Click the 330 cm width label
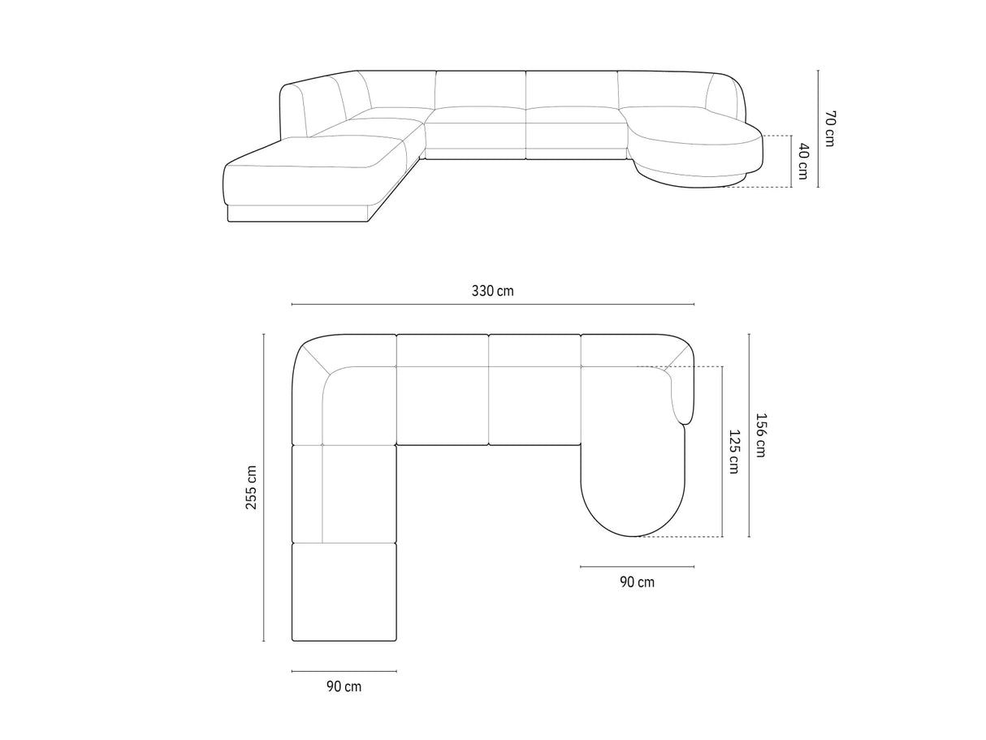(x=492, y=291)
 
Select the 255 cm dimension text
(x=252, y=487)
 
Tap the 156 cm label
(x=760, y=436)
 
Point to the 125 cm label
(x=733, y=452)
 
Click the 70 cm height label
(x=829, y=128)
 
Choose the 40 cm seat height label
(x=802, y=161)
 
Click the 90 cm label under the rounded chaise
(x=637, y=582)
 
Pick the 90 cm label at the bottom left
(x=344, y=686)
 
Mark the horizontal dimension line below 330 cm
(x=492, y=305)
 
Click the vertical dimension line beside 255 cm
(x=264, y=487)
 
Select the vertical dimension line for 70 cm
(x=818, y=128)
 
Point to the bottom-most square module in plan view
(x=344, y=591)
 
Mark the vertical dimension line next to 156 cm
(x=749, y=436)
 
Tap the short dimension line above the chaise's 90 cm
(x=637, y=566)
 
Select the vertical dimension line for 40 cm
(x=790, y=161)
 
